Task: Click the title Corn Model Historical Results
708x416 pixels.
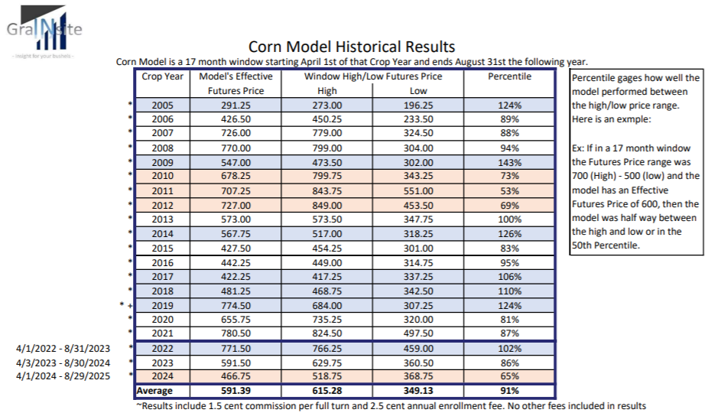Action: click(352, 47)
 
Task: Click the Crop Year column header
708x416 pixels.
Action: click(162, 76)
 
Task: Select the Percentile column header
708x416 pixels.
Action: click(509, 76)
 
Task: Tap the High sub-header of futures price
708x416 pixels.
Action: click(326, 90)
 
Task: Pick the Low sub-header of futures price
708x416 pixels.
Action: click(418, 90)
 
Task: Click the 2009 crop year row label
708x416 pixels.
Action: click(162, 162)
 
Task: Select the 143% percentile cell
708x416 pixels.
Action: click(509, 162)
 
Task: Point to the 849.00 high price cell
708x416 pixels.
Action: click(326, 205)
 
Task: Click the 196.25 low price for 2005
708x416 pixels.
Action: click(418, 105)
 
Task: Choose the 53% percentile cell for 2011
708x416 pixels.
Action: click(509, 190)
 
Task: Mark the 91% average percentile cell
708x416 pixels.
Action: click(509, 390)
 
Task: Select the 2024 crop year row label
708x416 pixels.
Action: click(162, 375)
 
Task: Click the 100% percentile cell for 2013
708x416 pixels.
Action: click(509, 219)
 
